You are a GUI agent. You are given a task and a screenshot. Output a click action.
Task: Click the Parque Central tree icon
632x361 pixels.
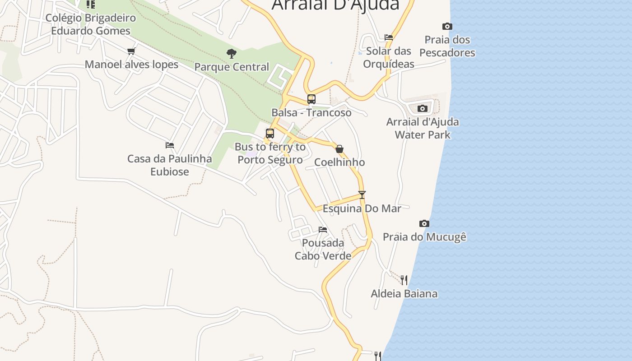pos(232,54)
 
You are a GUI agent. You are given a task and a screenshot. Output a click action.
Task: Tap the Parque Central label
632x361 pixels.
pos(232,67)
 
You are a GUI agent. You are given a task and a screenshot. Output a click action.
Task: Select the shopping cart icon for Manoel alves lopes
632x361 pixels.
pos(131,51)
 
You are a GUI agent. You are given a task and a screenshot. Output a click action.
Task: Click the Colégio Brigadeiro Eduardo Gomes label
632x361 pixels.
pos(91,24)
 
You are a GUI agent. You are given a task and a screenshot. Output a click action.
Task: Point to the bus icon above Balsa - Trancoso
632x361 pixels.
pos(311,99)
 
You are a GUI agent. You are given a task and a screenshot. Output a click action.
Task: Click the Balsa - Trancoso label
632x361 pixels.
pos(311,112)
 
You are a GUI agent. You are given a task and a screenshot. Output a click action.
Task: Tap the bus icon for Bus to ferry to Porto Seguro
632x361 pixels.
pos(270,134)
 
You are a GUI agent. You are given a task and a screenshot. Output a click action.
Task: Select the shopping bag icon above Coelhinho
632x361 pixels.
pos(339,149)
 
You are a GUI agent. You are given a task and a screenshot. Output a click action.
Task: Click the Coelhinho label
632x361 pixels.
pos(339,162)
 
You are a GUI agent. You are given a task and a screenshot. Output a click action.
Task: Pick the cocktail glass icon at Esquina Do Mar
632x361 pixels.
pos(362,195)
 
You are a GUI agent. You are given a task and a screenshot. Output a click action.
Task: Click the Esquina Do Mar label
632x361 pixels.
pos(362,208)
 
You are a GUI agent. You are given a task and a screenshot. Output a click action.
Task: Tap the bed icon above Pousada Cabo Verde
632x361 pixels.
pos(323,230)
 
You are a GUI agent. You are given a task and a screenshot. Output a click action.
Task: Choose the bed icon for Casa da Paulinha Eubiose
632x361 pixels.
pos(170,145)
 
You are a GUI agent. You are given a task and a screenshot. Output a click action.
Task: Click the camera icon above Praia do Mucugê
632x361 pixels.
pos(424,223)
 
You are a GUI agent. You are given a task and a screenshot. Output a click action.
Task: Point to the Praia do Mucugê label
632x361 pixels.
pos(424,236)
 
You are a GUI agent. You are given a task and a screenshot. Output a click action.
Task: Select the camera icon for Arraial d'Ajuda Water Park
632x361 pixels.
pos(423,108)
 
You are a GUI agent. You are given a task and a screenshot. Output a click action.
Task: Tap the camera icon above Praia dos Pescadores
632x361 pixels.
pos(447,26)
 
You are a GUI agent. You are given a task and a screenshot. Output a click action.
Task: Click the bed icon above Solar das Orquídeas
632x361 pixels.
pos(389,37)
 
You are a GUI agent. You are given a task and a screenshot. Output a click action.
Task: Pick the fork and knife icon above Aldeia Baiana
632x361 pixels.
pos(404,280)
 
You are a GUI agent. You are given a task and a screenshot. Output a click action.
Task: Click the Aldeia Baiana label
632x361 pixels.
pos(404,294)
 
